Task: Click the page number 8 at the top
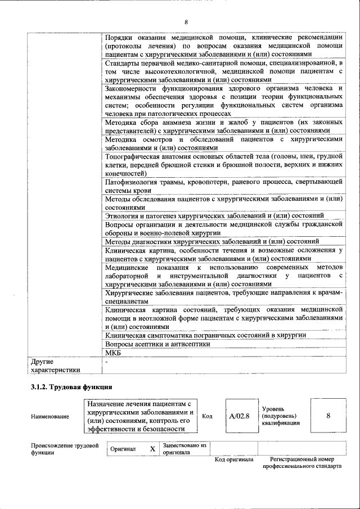click(186, 22)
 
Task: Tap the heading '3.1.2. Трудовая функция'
click(71, 388)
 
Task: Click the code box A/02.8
click(240, 416)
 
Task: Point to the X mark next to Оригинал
click(152, 449)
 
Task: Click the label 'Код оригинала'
click(234, 460)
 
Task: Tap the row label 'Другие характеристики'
click(55, 366)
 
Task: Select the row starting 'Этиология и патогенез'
click(214, 215)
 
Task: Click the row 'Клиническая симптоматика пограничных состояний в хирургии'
click(205, 335)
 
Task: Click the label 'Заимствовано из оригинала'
click(185, 448)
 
